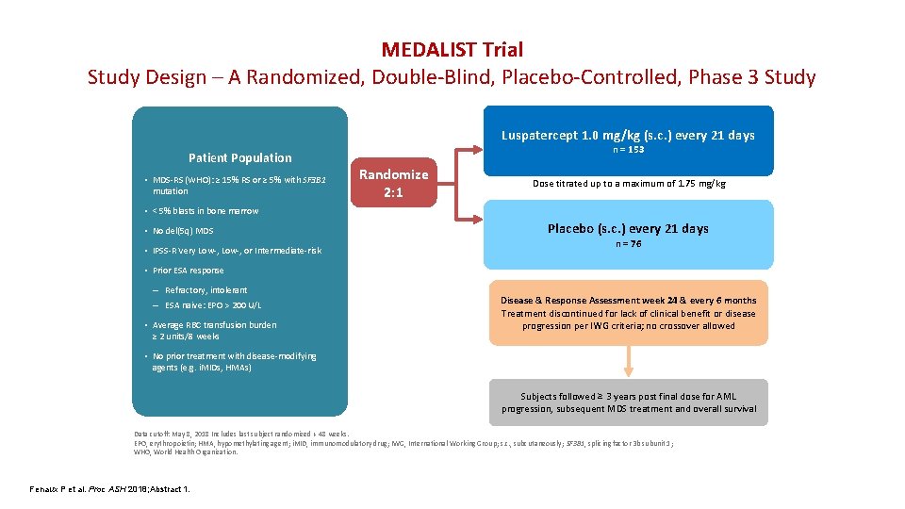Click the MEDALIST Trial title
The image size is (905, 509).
(452, 49)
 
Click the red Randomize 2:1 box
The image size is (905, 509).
(394, 182)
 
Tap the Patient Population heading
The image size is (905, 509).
(240, 157)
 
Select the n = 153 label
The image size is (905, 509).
(628, 150)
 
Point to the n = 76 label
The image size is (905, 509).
(628, 243)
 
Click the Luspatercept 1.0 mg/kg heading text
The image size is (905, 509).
(628, 135)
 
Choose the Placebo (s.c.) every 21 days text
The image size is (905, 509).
(628, 228)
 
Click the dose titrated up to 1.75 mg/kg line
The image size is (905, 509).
(628, 183)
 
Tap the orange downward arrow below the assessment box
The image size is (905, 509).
(628, 361)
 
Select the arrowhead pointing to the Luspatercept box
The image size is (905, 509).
(476, 148)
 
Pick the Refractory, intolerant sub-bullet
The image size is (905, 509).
(206, 290)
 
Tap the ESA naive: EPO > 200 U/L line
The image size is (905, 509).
(213, 305)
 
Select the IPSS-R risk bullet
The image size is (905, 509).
(237, 251)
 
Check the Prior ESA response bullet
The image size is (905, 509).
(188, 271)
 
